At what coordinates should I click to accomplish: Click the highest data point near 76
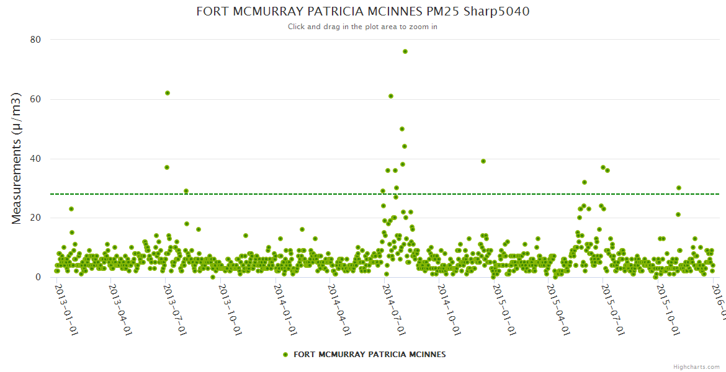coord(405,51)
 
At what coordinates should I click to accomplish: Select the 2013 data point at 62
coord(168,93)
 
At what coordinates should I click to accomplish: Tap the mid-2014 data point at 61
coord(391,96)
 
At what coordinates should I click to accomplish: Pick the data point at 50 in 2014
coord(402,129)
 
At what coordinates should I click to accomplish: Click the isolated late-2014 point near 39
coord(483,161)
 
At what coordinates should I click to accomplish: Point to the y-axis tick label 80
coord(35,40)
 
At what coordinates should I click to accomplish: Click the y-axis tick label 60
coord(35,99)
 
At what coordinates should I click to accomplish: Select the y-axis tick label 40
coord(35,159)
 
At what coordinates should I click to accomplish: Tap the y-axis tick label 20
coord(35,218)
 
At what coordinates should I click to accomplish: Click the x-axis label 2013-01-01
coord(65,309)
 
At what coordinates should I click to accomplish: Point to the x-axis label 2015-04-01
coord(558,309)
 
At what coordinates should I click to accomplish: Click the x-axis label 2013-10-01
coord(230,309)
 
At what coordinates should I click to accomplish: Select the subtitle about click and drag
coord(363,27)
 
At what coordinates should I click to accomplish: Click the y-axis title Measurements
coord(17,158)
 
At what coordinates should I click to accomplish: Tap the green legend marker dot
coord(285,355)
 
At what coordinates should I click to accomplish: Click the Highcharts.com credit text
coord(696,367)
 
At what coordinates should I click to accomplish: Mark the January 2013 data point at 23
coord(71,209)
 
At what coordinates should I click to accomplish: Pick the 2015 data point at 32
coord(585,182)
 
